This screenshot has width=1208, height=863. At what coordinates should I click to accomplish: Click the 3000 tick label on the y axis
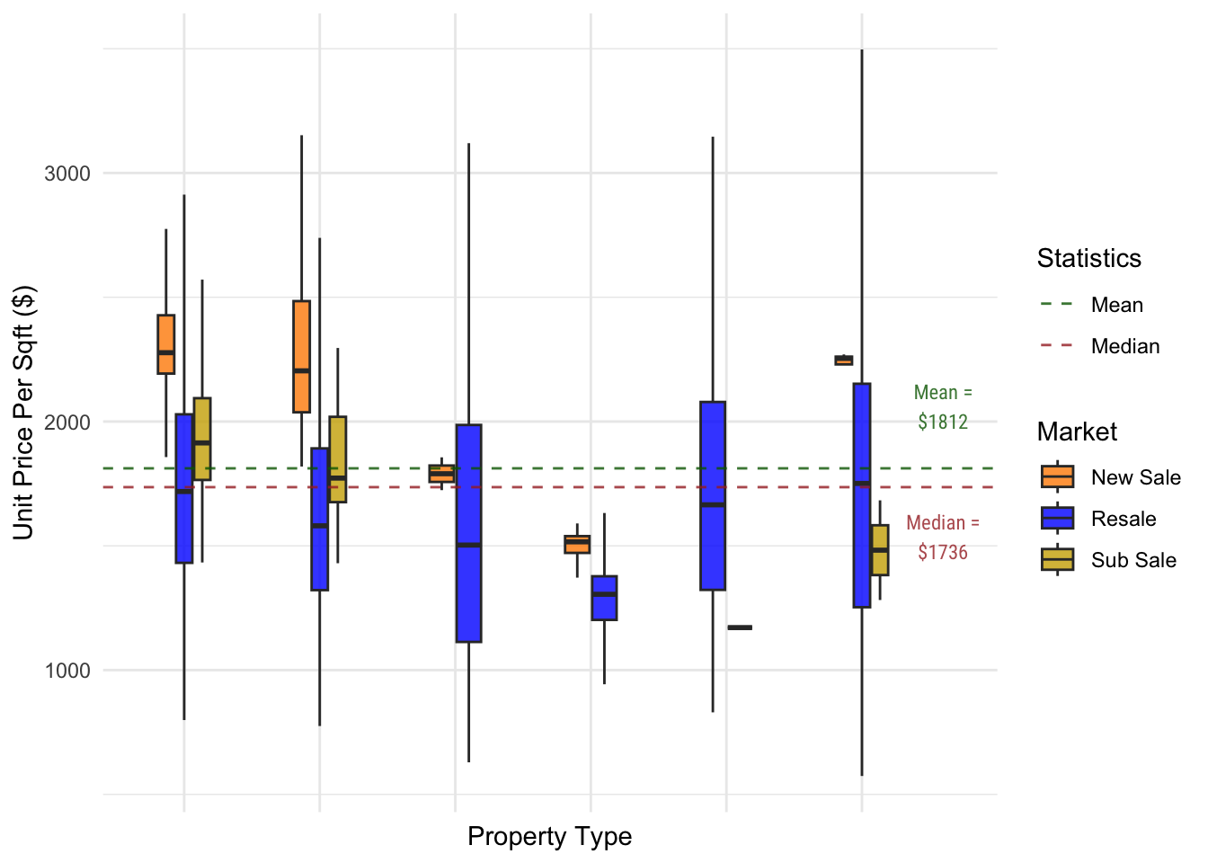click(x=67, y=173)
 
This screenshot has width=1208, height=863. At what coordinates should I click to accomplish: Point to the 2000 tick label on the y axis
click(x=67, y=423)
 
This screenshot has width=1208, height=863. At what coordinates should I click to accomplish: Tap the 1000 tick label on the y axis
click(x=67, y=671)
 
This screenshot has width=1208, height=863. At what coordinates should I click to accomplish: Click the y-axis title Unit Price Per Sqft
click(x=24, y=413)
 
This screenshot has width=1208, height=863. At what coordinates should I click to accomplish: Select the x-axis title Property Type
click(x=549, y=837)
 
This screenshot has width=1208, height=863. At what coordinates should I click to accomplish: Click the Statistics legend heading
click(x=1088, y=259)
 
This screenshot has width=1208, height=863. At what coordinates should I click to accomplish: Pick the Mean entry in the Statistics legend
click(x=1116, y=305)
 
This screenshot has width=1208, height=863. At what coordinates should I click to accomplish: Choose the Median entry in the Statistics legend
click(x=1124, y=346)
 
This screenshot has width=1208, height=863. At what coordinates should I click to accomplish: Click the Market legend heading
click(x=1077, y=432)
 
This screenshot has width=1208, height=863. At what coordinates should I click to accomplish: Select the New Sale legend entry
click(x=1135, y=477)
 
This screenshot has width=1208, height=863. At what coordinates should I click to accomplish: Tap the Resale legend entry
click(x=1123, y=519)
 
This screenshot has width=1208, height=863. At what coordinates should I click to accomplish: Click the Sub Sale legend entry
click(x=1132, y=560)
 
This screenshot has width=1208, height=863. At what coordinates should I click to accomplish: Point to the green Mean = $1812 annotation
click(x=943, y=407)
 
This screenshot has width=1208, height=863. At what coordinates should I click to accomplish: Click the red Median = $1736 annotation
click(x=943, y=538)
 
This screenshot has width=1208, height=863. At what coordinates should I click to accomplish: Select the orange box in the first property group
click(x=166, y=344)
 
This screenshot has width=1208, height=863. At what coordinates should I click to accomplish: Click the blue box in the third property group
click(x=468, y=533)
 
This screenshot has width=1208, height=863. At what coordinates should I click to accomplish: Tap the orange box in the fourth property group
click(x=577, y=544)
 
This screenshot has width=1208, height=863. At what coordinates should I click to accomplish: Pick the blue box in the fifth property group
click(x=713, y=496)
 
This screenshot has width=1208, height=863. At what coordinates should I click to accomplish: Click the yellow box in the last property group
click(x=880, y=550)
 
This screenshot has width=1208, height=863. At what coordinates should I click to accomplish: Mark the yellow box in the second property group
click(x=337, y=459)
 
